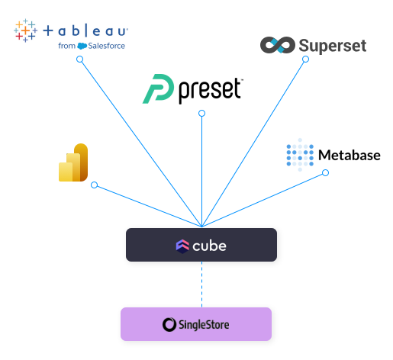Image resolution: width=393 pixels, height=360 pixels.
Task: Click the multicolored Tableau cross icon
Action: [25, 31]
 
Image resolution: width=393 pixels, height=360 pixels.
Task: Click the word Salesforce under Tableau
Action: [106, 46]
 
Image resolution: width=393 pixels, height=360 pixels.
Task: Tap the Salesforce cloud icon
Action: [82, 46]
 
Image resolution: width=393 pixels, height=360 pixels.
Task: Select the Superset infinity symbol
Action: [278, 45]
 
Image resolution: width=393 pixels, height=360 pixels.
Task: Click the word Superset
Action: [333, 46]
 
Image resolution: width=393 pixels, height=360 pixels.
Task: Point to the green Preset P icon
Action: [158, 88]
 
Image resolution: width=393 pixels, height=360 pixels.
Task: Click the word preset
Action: [210, 90]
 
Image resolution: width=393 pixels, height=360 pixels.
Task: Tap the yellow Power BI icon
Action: [73, 162]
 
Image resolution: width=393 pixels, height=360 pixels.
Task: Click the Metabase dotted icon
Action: [300, 155]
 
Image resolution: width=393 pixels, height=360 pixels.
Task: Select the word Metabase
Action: [350, 155]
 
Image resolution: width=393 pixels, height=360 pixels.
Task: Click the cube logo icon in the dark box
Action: [182, 246]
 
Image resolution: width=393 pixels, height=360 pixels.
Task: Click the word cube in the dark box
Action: [209, 246]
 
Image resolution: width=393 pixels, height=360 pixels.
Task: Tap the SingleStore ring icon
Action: [169, 325]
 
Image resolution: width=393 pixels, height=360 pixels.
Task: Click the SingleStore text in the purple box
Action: [204, 325]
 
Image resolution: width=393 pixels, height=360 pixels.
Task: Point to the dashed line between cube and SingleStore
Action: [201, 284]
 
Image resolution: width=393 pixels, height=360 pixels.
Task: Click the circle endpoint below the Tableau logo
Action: [79, 59]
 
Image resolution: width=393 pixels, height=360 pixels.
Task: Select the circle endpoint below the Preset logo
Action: [201, 113]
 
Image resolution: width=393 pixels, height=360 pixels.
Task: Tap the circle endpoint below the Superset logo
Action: [305, 59]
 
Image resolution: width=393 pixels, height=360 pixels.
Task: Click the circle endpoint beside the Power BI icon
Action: [94, 185]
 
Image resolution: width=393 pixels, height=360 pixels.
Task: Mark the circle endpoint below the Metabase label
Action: [325, 173]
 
